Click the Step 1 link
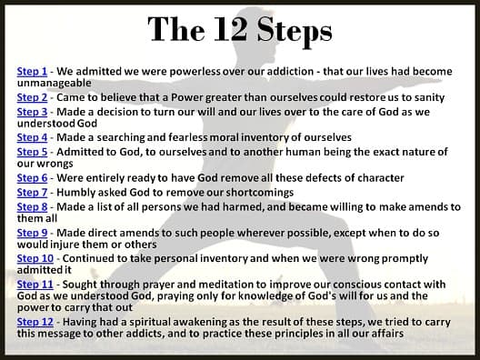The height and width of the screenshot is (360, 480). (x=32, y=72)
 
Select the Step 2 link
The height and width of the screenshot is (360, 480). (x=32, y=97)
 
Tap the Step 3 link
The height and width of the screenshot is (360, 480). (x=32, y=112)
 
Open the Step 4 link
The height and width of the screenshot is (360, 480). (x=32, y=138)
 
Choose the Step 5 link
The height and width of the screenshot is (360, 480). (x=32, y=152)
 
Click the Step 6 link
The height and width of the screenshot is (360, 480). (x=32, y=178)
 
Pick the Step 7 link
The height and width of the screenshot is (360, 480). (x=32, y=193)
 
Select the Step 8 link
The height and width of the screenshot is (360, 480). (x=32, y=207)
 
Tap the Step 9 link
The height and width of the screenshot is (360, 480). (x=32, y=234)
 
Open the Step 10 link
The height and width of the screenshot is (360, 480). (x=35, y=259)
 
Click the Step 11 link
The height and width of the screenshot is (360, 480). (x=35, y=285)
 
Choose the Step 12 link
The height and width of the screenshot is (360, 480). (x=35, y=323)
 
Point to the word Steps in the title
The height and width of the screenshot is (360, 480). (x=295, y=32)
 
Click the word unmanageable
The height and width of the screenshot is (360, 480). (x=55, y=84)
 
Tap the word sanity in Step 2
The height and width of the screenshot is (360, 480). (x=429, y=98)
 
